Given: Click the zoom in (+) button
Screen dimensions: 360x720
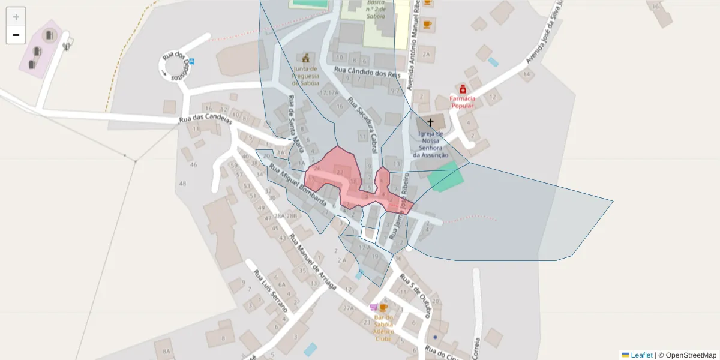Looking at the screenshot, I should click(16, 17).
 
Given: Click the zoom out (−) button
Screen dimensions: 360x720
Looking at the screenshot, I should click(16, 35).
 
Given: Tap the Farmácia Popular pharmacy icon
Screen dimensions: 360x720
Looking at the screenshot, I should click(463, 89).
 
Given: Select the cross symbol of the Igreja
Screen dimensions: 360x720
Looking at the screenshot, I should click(430, 122).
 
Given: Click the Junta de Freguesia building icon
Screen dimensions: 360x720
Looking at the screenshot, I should click(307, 58).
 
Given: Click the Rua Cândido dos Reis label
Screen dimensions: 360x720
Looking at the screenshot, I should click(367, 73).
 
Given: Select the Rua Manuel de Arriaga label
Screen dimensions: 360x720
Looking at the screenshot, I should click(312, 262).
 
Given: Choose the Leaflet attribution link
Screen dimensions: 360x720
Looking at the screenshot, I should click(641, 355).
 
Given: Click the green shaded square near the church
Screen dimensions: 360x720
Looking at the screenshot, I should click(446, 178).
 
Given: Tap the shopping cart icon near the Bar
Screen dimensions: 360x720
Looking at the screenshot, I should click(374, 307).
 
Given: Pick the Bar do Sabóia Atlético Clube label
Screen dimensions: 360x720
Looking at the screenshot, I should click(383, 328).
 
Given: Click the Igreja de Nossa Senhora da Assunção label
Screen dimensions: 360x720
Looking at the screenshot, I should click(430, 144).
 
